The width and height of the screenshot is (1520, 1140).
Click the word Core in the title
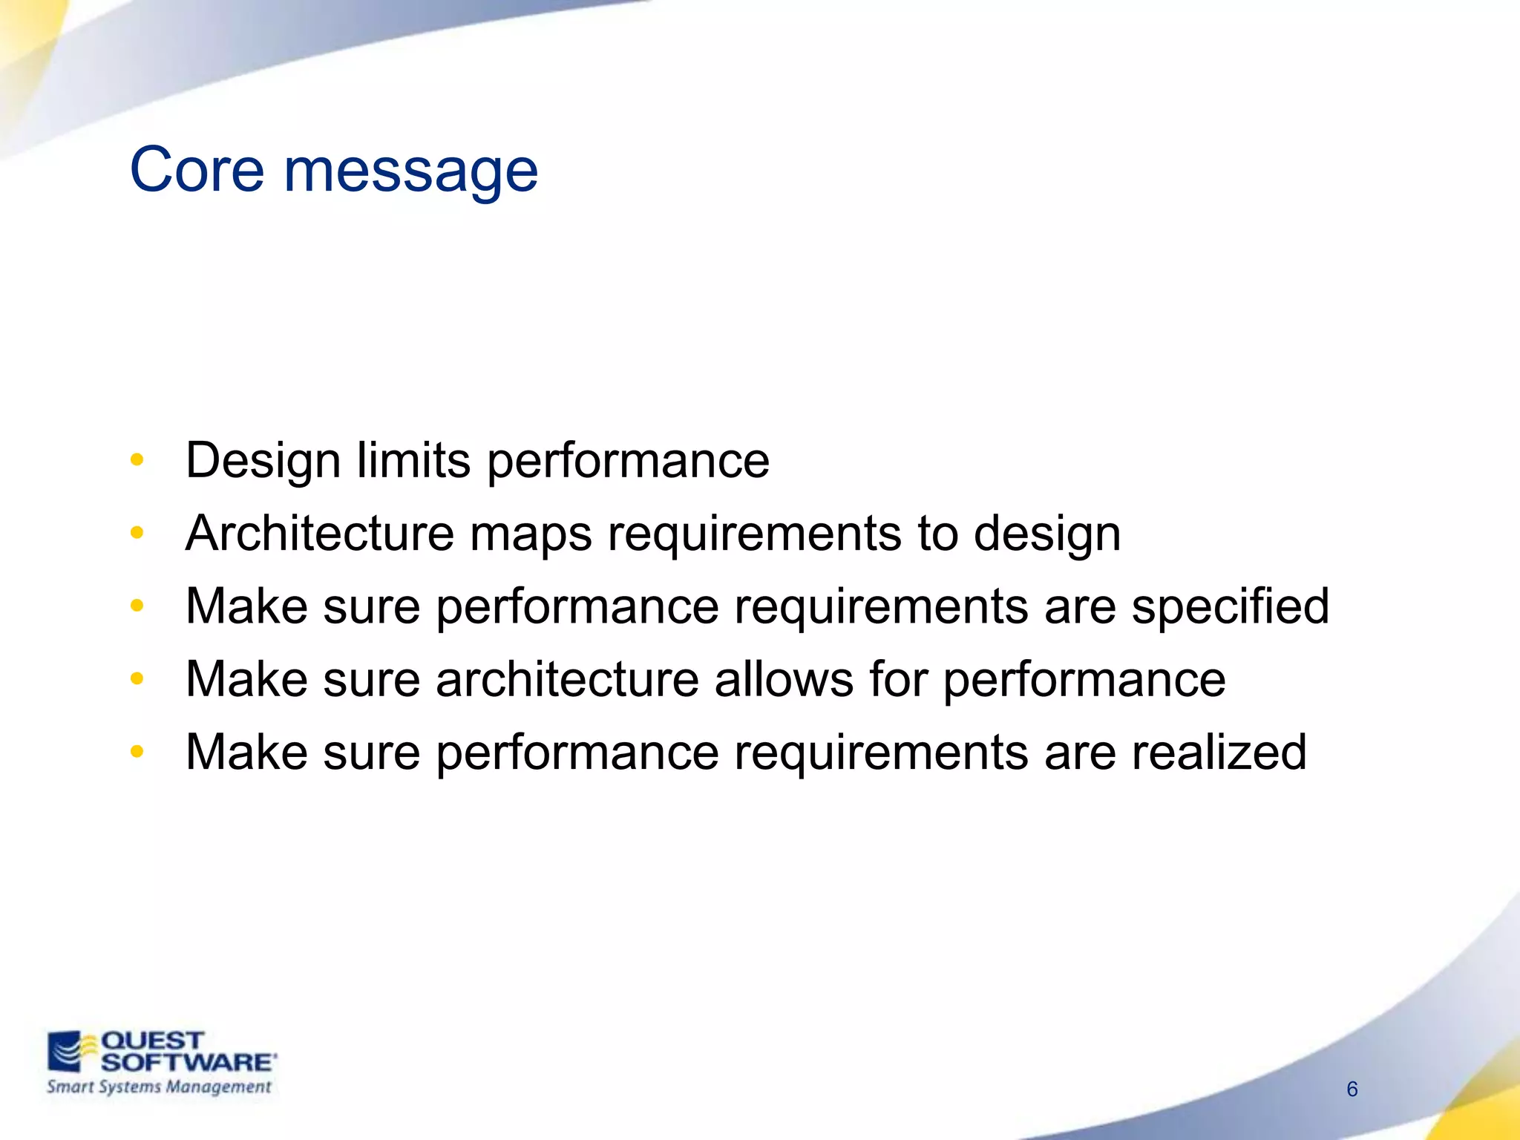[197, 170]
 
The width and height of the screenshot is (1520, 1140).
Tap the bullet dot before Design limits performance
[137, 459]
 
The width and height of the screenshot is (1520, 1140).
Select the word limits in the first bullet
[413, 460]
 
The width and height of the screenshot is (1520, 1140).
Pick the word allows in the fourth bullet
[784, 679]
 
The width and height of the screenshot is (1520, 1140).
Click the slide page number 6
[1352, 1089]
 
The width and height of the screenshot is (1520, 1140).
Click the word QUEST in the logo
[152, 1041]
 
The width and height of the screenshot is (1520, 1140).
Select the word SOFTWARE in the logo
[188, 1062]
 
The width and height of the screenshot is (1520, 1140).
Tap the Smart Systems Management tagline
[159, 1087]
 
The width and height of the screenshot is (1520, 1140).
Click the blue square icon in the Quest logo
[65, 1052]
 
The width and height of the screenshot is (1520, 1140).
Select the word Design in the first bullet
[263, 461]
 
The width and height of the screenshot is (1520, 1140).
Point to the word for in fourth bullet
[898, 679]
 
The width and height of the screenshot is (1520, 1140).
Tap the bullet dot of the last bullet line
[137, 752]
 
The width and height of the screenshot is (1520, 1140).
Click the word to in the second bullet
[937, 534]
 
